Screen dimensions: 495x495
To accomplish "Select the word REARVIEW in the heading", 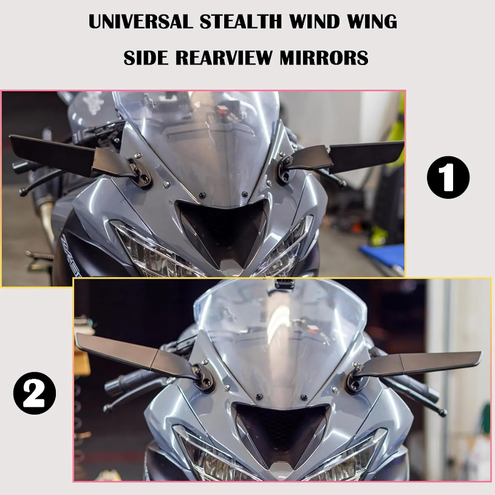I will [225, 58].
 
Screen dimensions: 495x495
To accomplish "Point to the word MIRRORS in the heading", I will [324, 58].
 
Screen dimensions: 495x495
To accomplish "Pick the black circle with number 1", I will [448, 178].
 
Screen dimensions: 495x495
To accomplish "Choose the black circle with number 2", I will [35, 393].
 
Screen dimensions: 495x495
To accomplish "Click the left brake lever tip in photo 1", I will [22, 192].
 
